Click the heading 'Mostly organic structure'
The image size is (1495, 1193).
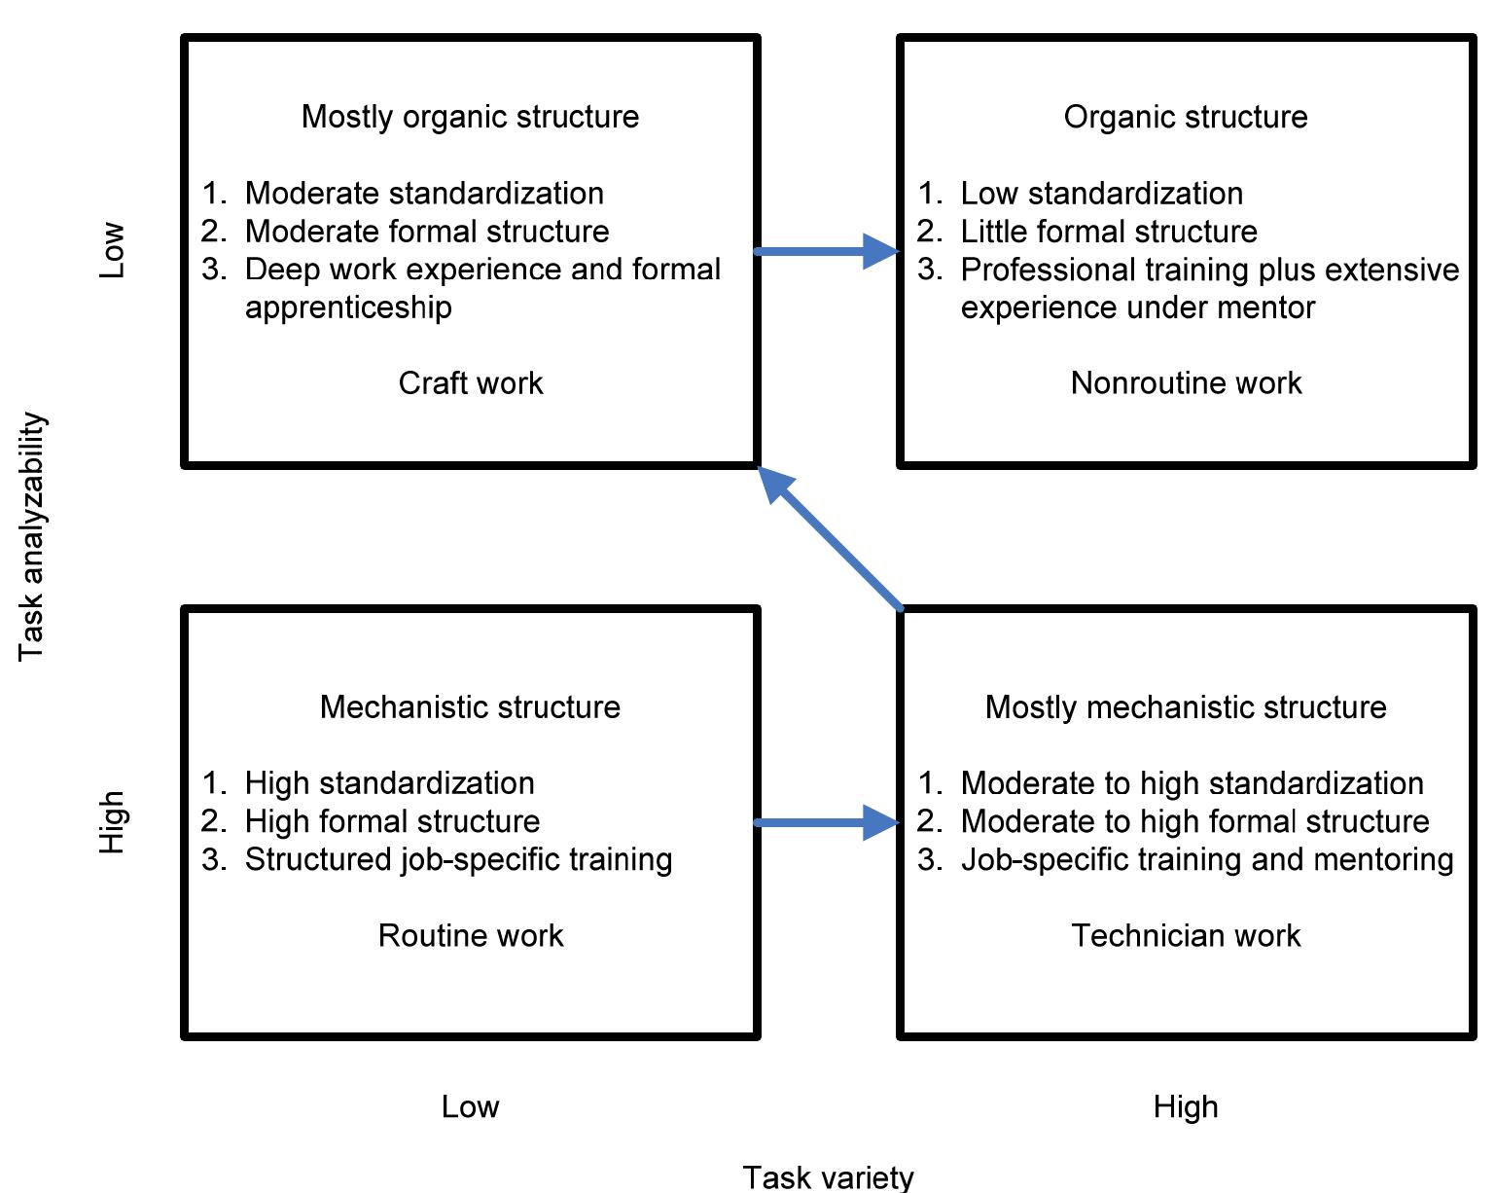pyautogui.click(x=470, y=117)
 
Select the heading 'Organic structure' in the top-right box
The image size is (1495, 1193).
pyautogui.click(x=1185, y=117)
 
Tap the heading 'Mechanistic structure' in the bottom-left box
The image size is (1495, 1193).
pyautogui.click(x=470, y=706)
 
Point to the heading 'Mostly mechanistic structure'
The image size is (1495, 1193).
pyautogui.click(x=1185, y=706)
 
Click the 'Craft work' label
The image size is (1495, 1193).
pyautogui.click(x=470, y=383)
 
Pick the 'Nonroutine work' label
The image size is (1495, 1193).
pyautogui.click(x=1185, y=383)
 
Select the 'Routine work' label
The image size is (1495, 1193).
pyautogui.click(x=470, y=935)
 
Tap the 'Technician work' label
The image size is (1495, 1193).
pyautogui.click(x=1185, y=935)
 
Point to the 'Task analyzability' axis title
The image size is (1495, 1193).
pyautogui.click(x=32, y=536)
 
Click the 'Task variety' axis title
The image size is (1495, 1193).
pyautogui.click(x=828, y=1176)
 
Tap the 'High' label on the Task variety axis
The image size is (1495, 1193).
pyautogui.click(x=1185, y=1106)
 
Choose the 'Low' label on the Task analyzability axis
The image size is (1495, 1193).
pyautogui.click(x=113, y=251)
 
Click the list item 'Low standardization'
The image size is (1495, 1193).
pyautogui.click(x=1101, y=194)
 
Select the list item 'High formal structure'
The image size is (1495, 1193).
pyautogui.click(x=392, y=821)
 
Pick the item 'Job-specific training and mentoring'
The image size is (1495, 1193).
pyautogui.click(x=1206, y=859)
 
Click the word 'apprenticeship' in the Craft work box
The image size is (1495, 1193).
pyautogui.click(x=348, y=307)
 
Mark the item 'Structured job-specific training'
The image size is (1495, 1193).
pyautogui.click(x=458, y=859)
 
